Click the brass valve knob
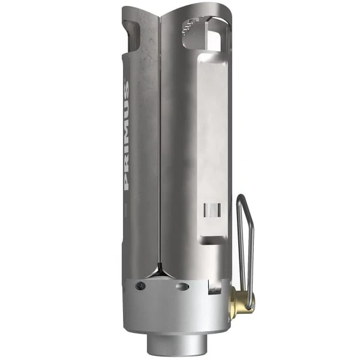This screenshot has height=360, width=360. [x=242, y=299]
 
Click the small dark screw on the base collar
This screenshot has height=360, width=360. [x=139, y=286]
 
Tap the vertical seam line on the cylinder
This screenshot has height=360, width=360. [x=160, y=150]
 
